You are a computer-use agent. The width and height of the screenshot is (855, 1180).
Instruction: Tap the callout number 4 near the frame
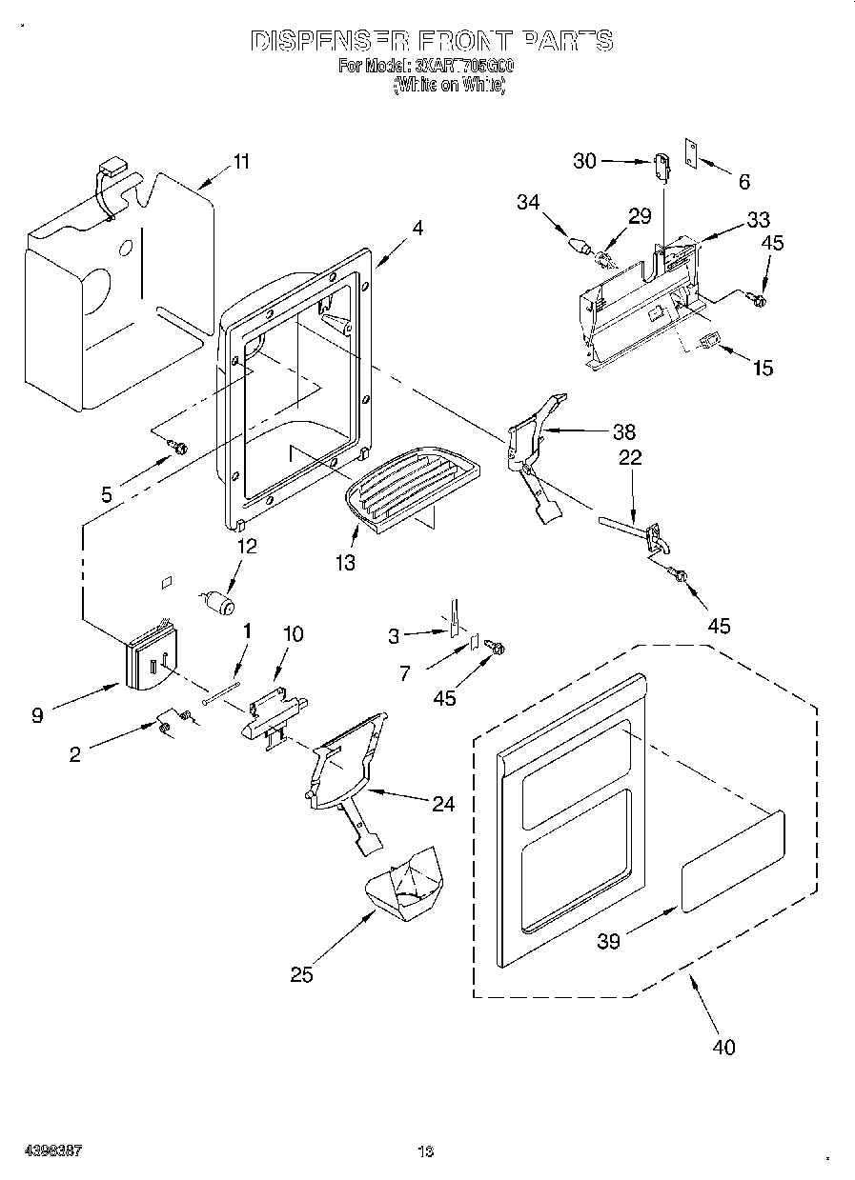point(391,228)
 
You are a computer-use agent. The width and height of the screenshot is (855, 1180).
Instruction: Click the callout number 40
point(723,1047)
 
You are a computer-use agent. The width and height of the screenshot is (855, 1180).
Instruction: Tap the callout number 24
point(442,804)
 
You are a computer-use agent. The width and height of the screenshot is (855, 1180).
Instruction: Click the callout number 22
point(630,458)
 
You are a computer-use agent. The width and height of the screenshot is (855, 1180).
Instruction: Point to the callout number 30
point(584,161)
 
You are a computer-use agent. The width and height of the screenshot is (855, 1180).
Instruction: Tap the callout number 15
point(763,369)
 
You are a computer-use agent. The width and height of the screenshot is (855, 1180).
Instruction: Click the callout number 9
point(37,715)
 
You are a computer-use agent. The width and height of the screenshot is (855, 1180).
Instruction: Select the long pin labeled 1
point(225,683)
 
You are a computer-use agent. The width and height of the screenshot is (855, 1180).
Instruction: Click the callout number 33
point(758,220)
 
